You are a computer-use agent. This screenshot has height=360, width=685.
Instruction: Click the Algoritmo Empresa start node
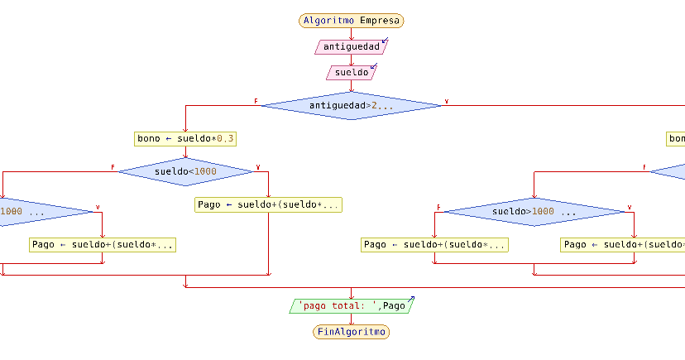(351, 21)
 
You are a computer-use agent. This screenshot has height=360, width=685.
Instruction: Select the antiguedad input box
(351, 47)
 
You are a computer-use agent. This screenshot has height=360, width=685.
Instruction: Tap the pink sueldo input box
(351, 73)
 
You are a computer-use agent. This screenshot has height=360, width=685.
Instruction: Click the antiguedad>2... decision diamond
(351, 106)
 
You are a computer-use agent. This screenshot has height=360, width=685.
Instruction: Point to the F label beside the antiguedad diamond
(256, 101)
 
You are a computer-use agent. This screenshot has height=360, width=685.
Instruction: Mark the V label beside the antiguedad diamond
(447, 101)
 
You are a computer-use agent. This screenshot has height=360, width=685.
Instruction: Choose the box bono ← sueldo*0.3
(180, 139)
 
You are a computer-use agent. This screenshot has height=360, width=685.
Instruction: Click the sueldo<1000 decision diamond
(185, 171)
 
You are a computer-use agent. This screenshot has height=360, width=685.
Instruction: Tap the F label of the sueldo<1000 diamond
(113, 167)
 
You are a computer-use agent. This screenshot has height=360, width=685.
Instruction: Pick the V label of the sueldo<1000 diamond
(258, 167)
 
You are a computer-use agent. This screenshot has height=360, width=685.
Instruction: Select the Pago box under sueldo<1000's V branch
(268, 204)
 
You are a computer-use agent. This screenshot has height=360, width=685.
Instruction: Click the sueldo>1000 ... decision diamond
(534, 212)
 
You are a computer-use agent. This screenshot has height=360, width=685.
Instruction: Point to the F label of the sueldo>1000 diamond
(438, 207)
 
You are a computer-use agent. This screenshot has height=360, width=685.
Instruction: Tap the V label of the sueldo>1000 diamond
(630, 207)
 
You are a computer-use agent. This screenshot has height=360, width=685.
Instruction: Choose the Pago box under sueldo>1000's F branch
(434, 245)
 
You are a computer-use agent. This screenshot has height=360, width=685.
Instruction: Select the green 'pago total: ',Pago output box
(351, 306)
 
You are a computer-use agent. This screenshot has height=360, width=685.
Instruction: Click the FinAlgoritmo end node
(351, 332)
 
